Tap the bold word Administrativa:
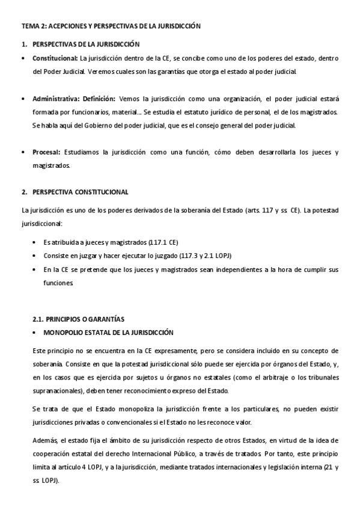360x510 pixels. tap(56, 99)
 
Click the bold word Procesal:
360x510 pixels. tap(46, 152)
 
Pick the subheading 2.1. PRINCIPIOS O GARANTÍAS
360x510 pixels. tap(79, 318)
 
